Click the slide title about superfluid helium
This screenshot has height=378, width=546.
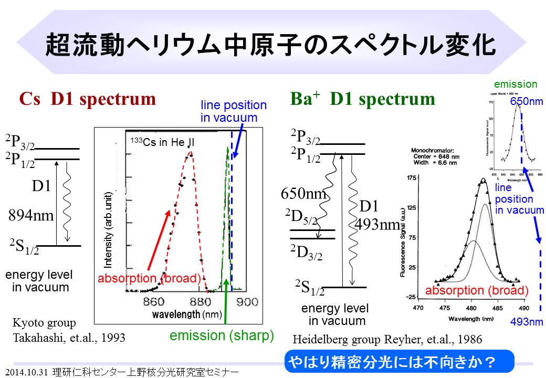pyautogui.click(x=270, y=45)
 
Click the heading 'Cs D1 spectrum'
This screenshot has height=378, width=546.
pyautogui.click(x=88, y=99)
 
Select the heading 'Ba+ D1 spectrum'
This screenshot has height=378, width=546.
pyautogui.click(x=362, y=99)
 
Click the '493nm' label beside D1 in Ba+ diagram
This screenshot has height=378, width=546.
pyautogui.click(x=377, y=225)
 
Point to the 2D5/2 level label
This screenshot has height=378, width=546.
pyautogui.click(x=301, y=217)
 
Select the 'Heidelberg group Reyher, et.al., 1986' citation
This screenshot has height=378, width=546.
pyautogui.click(x=386, y=340)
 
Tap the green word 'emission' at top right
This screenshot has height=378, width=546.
pyautogui.click(x=516, y=84)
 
